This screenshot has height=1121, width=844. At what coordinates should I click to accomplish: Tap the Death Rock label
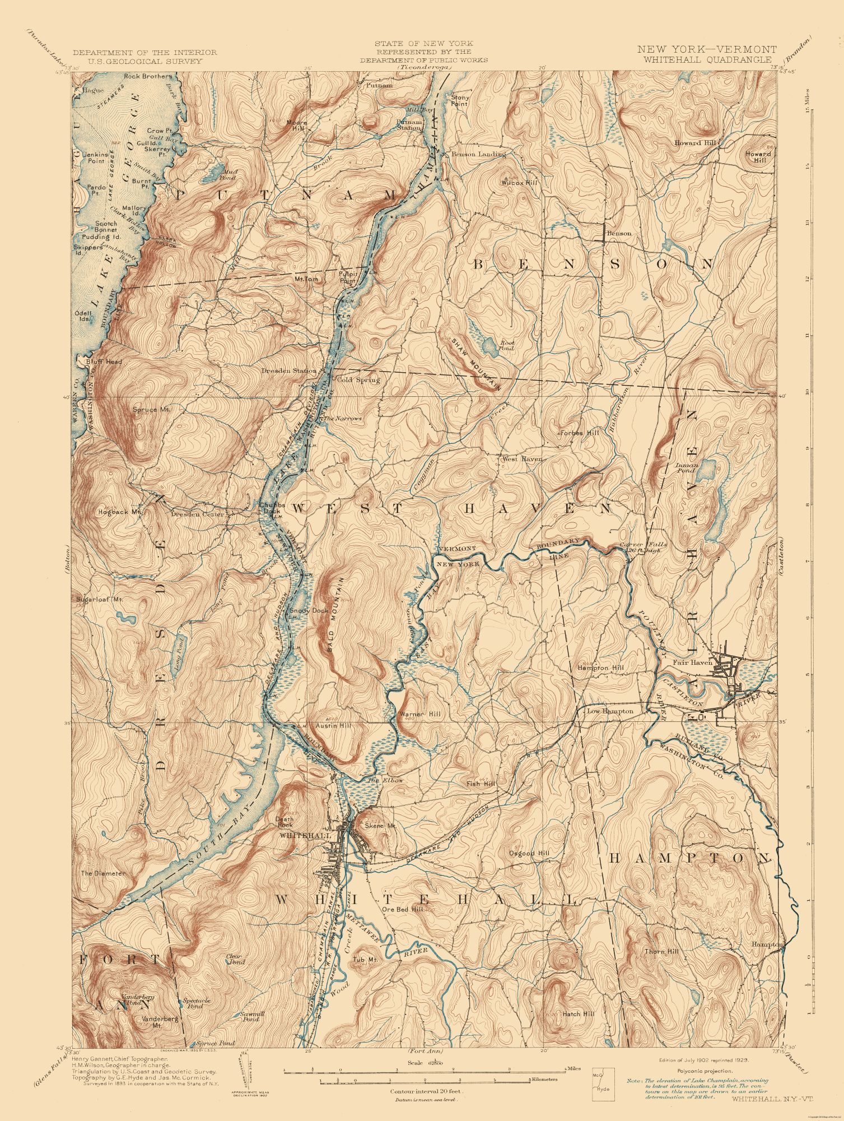click(285, 822)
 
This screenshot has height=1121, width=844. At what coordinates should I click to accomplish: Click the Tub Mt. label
click(363, 960)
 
